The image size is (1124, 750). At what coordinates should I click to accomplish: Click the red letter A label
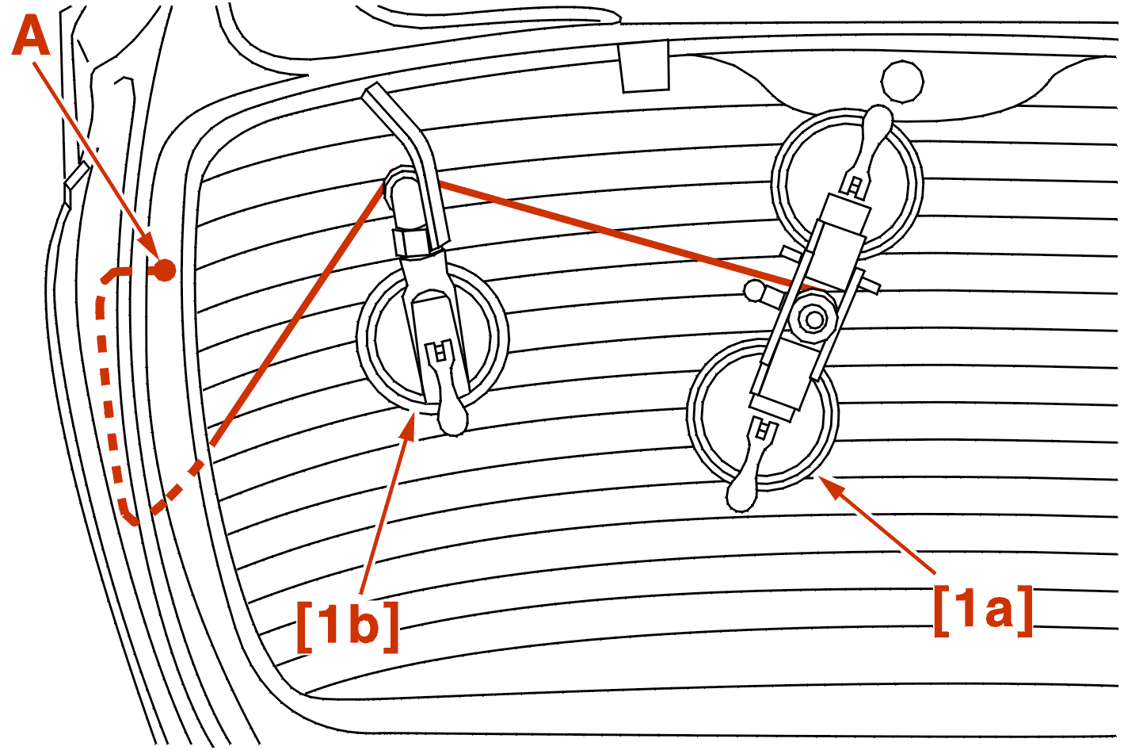[32, 37]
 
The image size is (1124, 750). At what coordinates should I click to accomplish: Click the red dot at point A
[164, 271]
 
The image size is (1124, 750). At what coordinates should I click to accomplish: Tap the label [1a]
[983, 610]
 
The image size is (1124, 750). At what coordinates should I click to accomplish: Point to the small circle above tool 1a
[902, 81]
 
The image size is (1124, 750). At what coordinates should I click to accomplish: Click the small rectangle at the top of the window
[644, 67]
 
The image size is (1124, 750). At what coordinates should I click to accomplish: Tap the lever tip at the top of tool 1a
[877, 121]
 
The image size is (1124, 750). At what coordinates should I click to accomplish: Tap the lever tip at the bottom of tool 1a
[742, 495]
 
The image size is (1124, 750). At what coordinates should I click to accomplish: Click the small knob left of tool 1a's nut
[755, 291]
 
